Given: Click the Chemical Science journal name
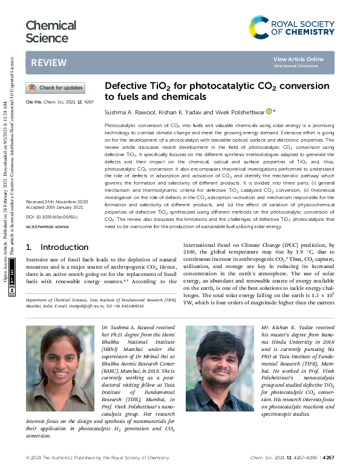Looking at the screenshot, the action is [51, 32].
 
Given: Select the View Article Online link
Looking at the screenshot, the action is [298, 59].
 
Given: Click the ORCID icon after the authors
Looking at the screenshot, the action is [269, 111].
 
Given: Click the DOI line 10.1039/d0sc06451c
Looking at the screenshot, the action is [57, 216].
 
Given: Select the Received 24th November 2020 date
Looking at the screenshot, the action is [57, 201].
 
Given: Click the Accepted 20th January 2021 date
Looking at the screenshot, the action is [55, 207].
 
